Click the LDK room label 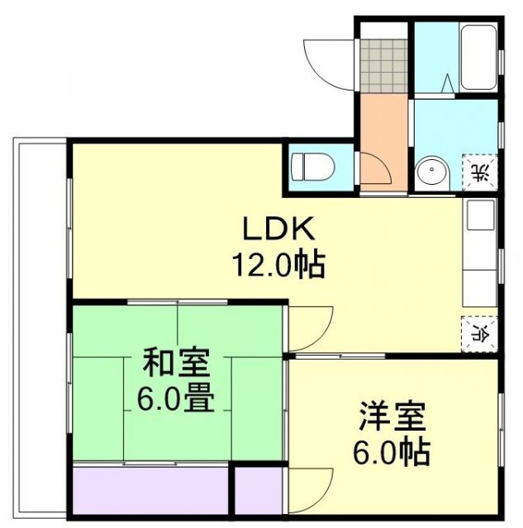coord(269,227)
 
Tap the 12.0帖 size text coord(276,265)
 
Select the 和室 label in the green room coord(176,362)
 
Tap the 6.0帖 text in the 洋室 coord(392,453)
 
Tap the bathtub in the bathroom coord(477,58)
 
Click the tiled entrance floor coord(383,64)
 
